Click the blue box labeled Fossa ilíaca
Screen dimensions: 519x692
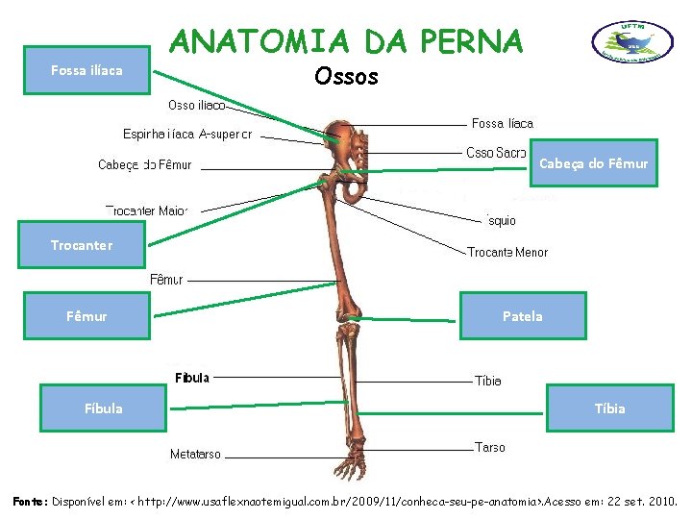coord(86,70)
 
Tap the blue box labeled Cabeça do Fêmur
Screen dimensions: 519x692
coord(593,163)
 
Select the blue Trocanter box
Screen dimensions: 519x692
coord(82,245)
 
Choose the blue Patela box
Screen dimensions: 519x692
coord(522,315)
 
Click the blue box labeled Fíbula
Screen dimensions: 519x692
coord(103,408)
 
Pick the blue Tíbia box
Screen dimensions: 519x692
coord(609,408)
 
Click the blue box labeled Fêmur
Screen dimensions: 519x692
coord(86,315)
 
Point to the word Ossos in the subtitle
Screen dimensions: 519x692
coord(346,76)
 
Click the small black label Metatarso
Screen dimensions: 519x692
coord(195,454)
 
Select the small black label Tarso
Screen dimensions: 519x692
coord(489,447)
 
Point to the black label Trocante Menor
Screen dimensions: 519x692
coord(507,252)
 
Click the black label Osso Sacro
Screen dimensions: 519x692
coord(495,153)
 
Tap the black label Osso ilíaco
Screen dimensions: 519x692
coord(196,105)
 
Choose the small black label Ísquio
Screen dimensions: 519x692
coord(502,221)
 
